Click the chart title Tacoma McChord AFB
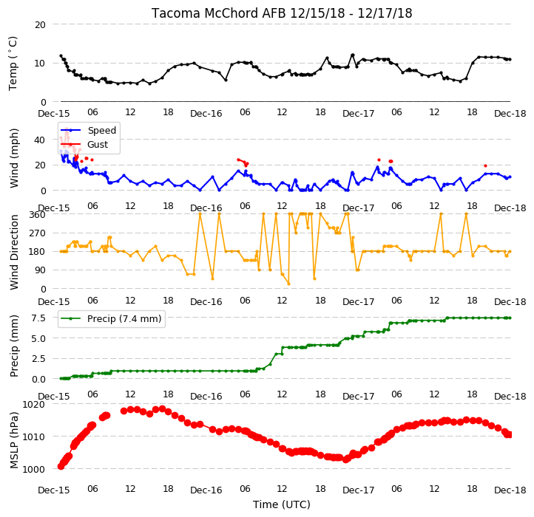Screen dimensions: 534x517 219,13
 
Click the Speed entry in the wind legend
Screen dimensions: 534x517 102,130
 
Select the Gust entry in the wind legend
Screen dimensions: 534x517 98,144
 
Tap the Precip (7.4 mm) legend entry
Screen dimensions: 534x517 124,319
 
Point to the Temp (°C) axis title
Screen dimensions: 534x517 13,64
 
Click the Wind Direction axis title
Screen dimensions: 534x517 14,252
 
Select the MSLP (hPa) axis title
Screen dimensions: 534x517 14,440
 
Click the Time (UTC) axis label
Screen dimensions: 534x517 282,504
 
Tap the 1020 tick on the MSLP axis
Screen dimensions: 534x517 34,405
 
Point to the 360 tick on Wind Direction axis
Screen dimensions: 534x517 37,215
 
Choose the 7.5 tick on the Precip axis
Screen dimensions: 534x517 38,318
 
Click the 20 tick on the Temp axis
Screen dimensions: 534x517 40,25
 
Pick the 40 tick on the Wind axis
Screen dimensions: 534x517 40,140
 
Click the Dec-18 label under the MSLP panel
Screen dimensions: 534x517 510,490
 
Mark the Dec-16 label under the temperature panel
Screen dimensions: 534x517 206,114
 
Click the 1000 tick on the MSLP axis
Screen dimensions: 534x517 34,469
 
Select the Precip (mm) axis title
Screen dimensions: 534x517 14,346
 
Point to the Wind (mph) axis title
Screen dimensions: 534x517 14,158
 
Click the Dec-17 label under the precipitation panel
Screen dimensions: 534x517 358,397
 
